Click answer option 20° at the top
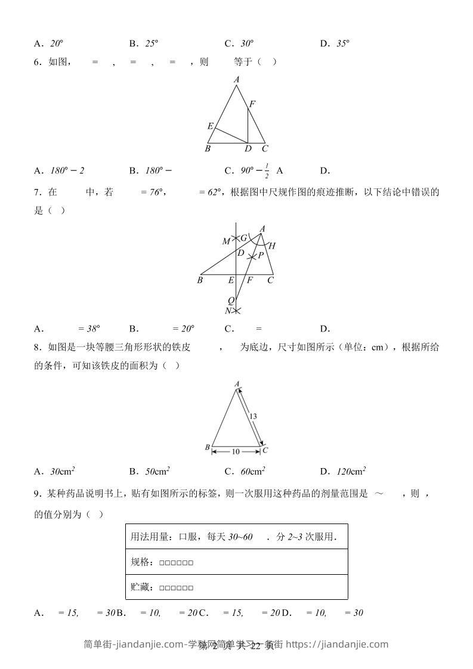(x=57, y=44)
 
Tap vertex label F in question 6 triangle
(x=252, y=104)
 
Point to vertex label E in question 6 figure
(x=210, y=126)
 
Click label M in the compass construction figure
(x=226, y=241)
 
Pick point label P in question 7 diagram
(x=261, y=255)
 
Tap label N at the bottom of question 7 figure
(x=228, y=311)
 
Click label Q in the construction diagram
(x=231, y=300)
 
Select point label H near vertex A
(x=272, y=246)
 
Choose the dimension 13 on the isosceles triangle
(x=253, y=416)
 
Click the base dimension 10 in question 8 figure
(x=236, y=452)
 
